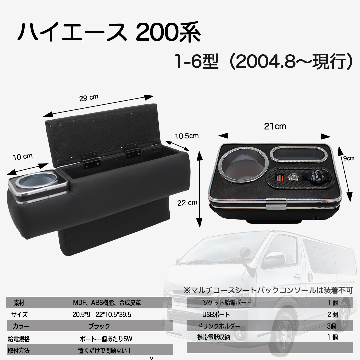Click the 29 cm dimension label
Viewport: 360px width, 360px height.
[89, 98]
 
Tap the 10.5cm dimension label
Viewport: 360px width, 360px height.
[187, 136]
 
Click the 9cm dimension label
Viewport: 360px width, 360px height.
[349, 159]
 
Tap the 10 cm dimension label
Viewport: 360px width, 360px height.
[22, 156]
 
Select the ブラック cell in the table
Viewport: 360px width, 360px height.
[99, 326]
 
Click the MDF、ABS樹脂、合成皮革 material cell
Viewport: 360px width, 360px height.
[107, 303]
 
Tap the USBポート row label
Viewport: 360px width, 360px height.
[216, 315]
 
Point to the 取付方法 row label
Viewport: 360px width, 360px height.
[18, 350]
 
